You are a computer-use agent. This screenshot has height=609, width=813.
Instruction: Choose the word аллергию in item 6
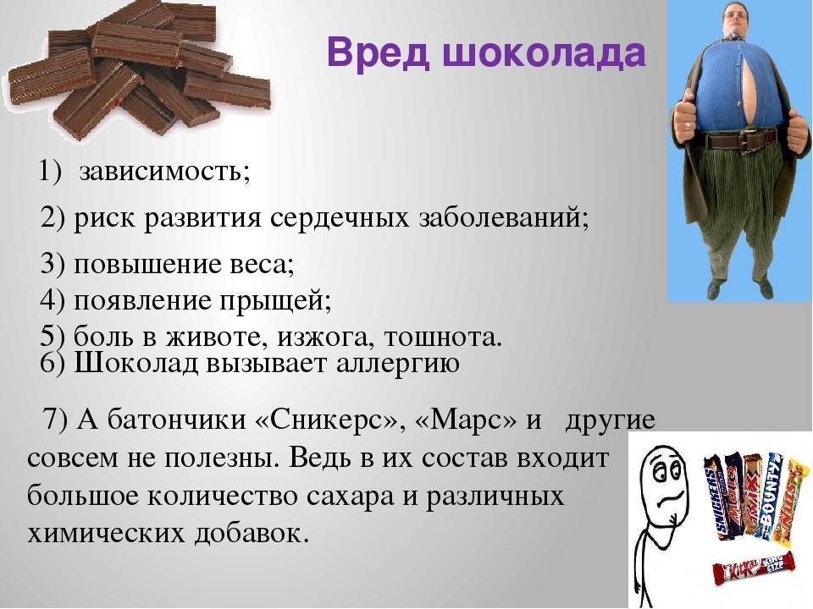tap(398, 364)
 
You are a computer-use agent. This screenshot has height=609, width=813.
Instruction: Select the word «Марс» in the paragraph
tap(467, 420)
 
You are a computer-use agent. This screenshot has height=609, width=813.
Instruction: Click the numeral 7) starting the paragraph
tap(56, 420)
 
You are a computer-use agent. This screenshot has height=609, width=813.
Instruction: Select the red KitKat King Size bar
tap(754, 568)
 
